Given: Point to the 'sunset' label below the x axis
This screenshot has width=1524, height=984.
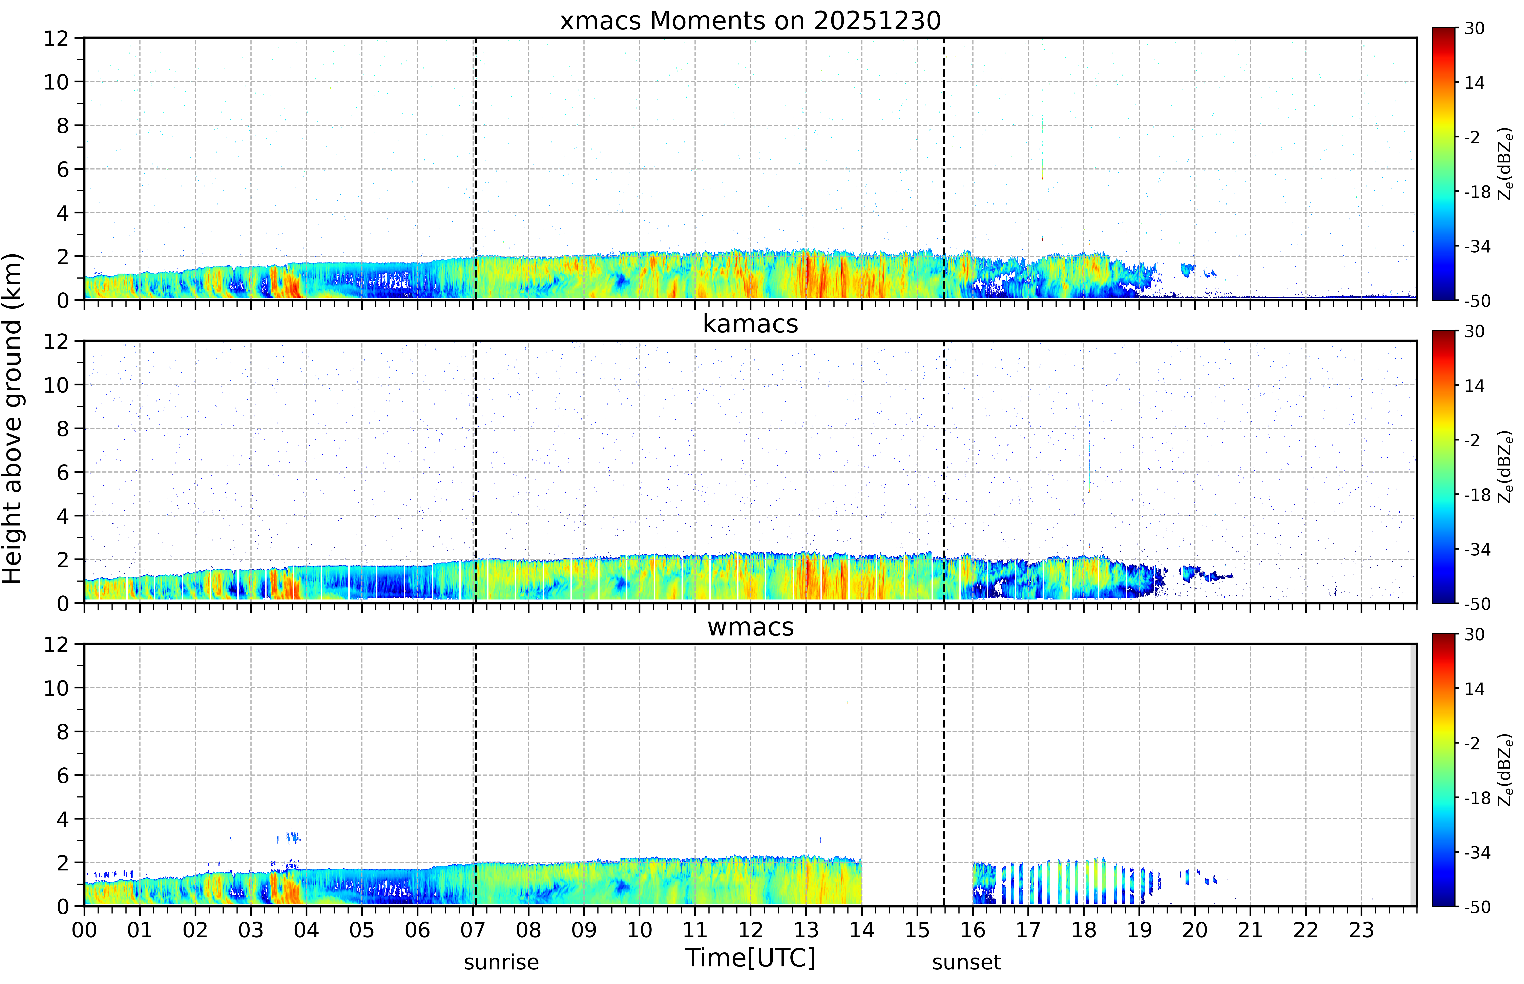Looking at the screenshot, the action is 967,962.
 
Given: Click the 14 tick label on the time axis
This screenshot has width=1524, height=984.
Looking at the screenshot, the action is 862,930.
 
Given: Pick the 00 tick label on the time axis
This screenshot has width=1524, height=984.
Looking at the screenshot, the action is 84,930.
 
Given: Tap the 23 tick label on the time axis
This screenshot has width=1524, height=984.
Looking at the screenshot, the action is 1361,930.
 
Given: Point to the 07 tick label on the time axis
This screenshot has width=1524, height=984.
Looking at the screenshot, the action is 473,930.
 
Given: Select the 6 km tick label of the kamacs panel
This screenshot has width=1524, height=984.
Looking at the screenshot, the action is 63,473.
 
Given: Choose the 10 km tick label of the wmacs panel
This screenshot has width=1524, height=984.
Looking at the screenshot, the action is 56,688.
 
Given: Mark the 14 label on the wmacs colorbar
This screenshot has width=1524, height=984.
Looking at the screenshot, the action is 1474,689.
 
